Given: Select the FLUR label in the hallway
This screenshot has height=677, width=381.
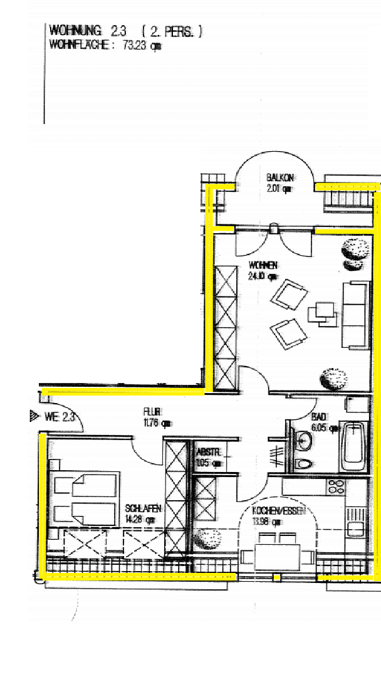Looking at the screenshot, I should [x=152, y=412].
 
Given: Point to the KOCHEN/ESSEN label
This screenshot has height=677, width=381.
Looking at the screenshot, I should [x=278, y=512].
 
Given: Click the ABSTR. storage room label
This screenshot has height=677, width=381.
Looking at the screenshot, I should [x=208, y=451].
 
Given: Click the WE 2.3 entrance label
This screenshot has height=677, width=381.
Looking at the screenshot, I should [x=60, y=416].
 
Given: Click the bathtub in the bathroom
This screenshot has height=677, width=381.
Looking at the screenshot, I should [x=353, y=448].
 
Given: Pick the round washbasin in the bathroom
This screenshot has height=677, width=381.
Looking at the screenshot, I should [x=303, y=441].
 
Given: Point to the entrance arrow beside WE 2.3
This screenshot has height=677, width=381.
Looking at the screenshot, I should [x=34, y=415].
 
